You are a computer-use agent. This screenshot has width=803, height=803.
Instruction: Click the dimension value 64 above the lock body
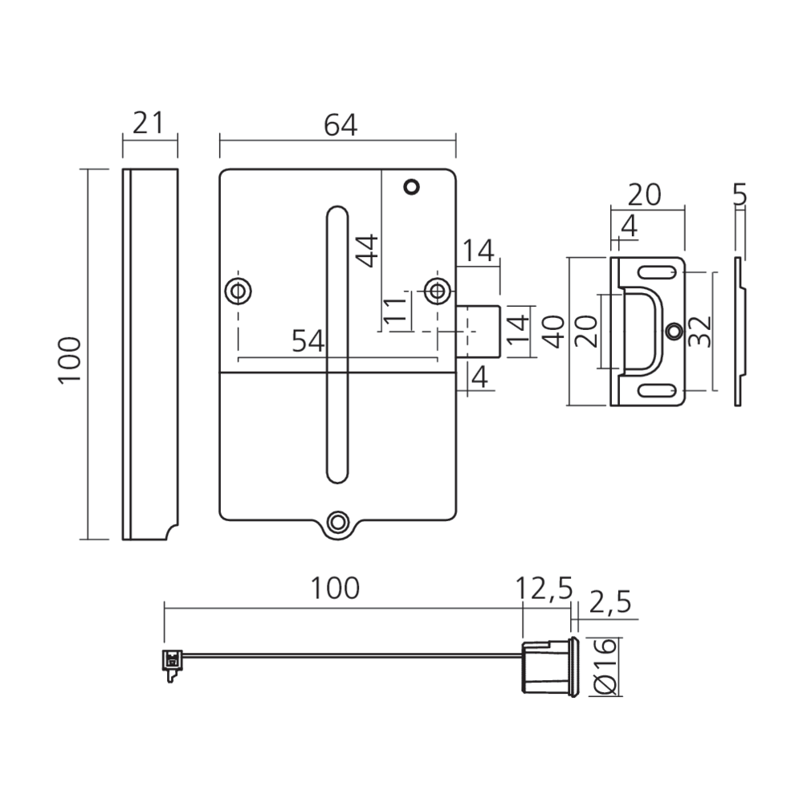pyautogui.click(x=340, y=125)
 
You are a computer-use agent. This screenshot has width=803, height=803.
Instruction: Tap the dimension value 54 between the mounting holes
pyautogui.click(x=308, y=341)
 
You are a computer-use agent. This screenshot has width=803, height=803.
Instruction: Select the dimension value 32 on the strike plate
pyautogui.click(x=701, y=329)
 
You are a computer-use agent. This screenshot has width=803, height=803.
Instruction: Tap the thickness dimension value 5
pyautogui.click(x=740, y=194)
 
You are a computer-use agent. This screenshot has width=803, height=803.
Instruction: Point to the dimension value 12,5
pyautogui.click(x=544, y=589)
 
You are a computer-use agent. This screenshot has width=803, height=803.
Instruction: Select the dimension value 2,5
pyautogui.click(x=611, y=601)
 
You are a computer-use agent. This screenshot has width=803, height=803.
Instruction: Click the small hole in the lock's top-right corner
pyautogui.click(x=413, y=187)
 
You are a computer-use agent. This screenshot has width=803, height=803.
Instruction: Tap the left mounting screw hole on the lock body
pyautogui.click(x=238, y=290)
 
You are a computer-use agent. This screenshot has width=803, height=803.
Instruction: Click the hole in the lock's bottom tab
pyautogui.click(x=339, y=522)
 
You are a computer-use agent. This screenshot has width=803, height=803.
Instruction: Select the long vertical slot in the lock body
pyautogui.click(x=337, y=345)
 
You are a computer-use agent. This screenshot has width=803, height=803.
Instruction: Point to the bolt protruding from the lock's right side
pyautogui.click(x=479, y=330)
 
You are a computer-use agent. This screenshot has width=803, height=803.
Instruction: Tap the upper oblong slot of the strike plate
pyautogui.click(x=656, y=271)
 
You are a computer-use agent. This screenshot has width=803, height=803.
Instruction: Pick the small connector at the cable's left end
pyautogui.click(x=169, y=662)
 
